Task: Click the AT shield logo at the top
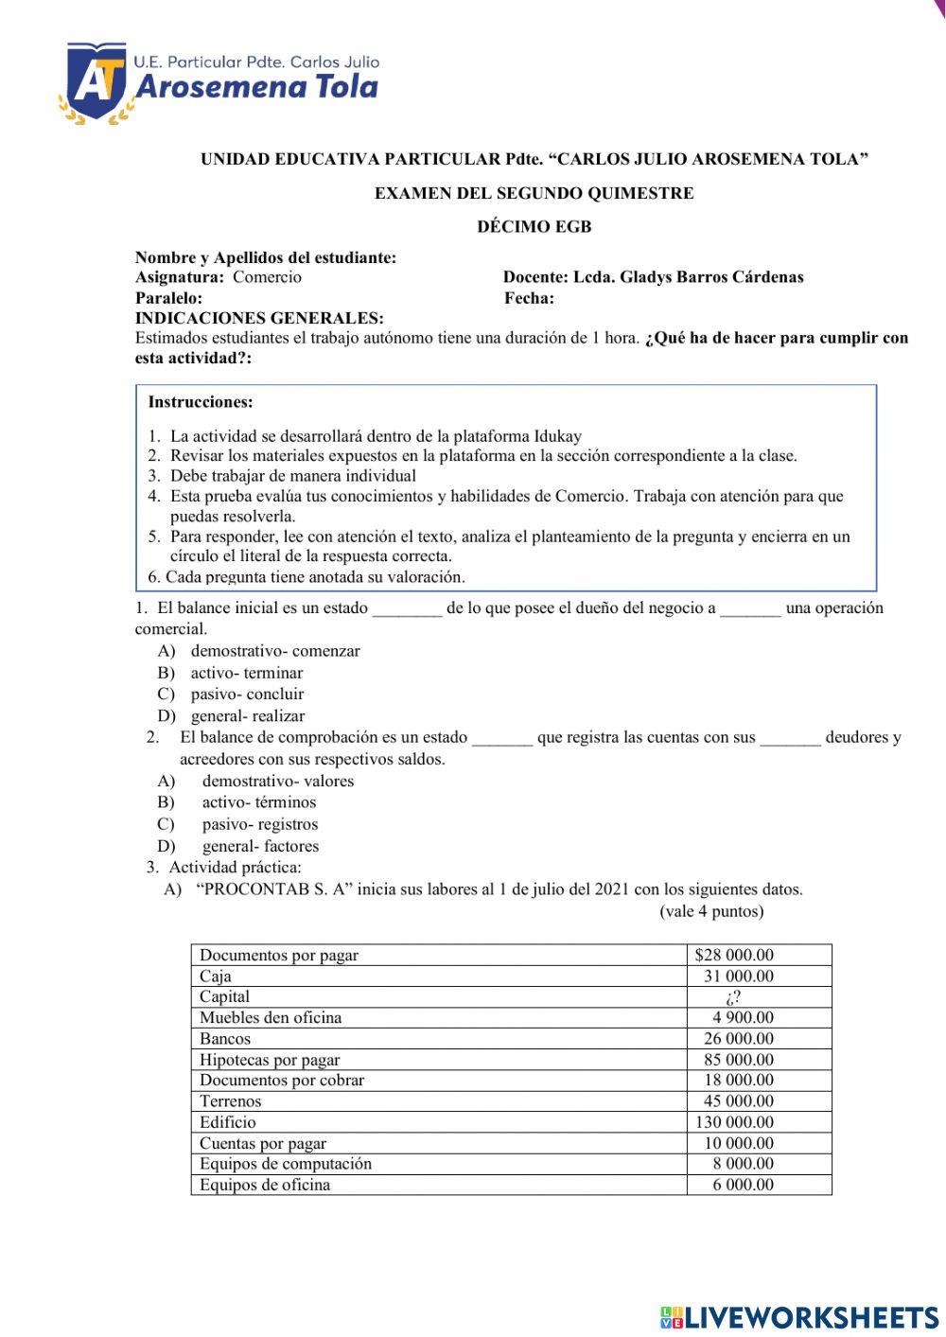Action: click(x=95, y=83)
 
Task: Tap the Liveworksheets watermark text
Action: click(x=799, y=1317)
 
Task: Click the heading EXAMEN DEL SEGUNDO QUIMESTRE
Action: click(x=534, y=193)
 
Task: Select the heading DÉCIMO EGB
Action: click(x=534, y=226)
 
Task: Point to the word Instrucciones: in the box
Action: click(x=201, y=402)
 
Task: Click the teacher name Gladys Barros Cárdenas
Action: click(x=711, y=277)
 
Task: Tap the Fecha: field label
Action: click(x=530, y=298)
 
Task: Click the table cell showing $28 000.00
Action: click(x=734, y=955)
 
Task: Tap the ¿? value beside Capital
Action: click(x=732, y=997)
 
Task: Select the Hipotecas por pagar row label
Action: click(x=270, y=1060)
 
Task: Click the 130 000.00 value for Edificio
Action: click(x=734, y=1122)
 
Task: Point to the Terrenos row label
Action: click(x=230, y=1101)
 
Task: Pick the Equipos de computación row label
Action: click(x=286, y=1164)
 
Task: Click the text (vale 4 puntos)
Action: click(x=711, y=911)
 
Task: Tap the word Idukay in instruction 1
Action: click(x=557, y=436)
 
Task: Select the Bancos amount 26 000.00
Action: click(x=738, y=1039)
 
